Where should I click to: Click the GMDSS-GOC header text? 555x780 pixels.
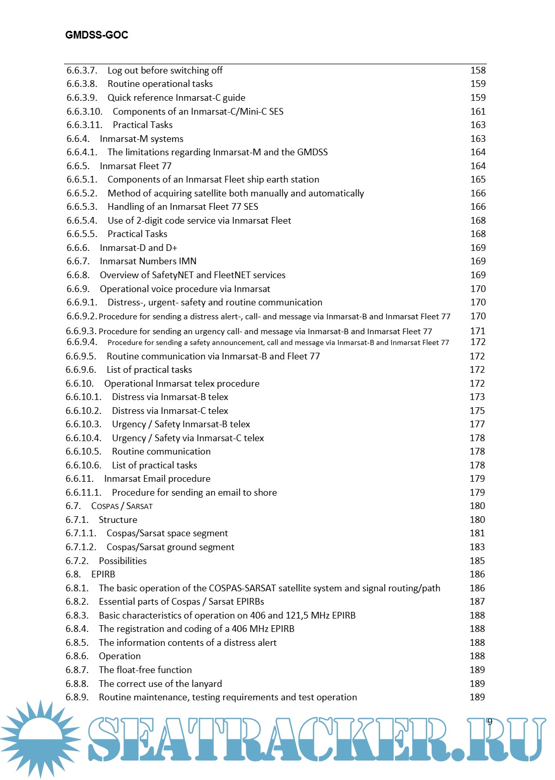[x=97, y=35]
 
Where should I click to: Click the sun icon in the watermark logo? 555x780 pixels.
[x=41, y=738]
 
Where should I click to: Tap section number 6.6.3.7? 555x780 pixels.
[x=82, y=70]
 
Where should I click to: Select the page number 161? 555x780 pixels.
[x=478, y=112]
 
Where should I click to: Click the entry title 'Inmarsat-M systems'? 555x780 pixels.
[x=141, y=139]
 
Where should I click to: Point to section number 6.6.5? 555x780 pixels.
[x=78, y=166]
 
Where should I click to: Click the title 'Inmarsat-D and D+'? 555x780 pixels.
[x=138, y=248]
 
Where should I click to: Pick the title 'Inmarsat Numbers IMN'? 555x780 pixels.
[x=148, y=261]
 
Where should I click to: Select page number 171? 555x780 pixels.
[x=477, y=331]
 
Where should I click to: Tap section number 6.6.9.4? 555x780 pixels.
[x=81, y=342]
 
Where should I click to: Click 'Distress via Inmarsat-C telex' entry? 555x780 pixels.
[x=170, y=411]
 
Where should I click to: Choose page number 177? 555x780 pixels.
[x=477, y=424]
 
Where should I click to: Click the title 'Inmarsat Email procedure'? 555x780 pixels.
[x=157, y=479]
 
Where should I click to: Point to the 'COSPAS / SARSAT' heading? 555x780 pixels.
[x=122, y=506]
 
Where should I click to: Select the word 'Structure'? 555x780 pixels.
[x=118, y=520]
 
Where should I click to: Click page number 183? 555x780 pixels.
[x=477, y=547]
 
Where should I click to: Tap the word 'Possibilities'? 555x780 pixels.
[x=123, y=561]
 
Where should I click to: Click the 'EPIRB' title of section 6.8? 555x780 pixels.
[x=103, y=574]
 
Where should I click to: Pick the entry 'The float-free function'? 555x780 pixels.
[x=145, y=670]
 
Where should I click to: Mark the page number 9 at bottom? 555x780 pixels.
[x=490, y=721]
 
